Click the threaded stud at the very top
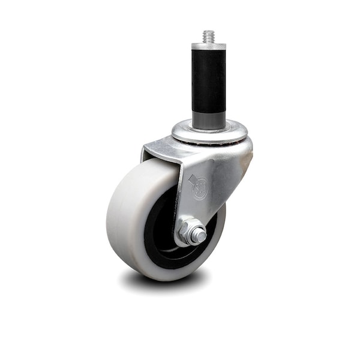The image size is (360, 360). coord(209,37)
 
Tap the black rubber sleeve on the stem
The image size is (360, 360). coord(209,81)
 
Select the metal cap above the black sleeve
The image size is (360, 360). coord(209,47)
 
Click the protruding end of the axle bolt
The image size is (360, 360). coord(198,235)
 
